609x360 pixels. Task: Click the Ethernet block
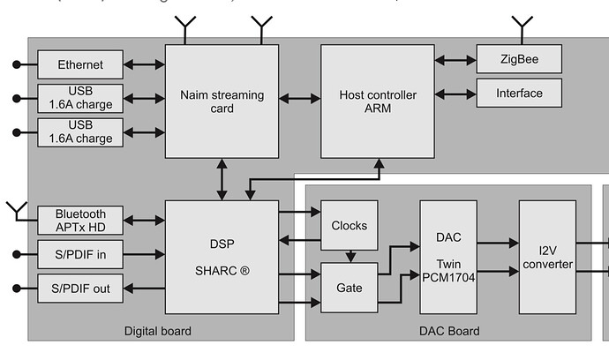[80, 64]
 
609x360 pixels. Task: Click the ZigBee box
[519, 60]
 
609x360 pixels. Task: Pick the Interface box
[519, 93]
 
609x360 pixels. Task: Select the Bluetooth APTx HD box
[80, 221]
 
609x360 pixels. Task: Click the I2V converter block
[546, 256]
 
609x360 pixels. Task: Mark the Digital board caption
[158, 331]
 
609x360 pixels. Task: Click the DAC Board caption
[448, 331]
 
